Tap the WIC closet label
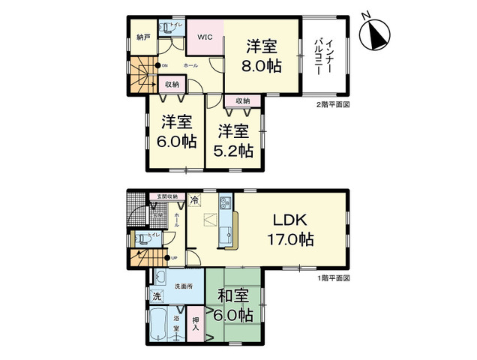click(x=204, y=36)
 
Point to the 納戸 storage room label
click(x=142, y=36)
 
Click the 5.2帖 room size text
click(x=233, y=148)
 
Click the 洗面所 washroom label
click(x=184, y=285)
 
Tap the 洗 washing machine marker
click(x=157, y=296)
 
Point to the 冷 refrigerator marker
click(x=195, y=200)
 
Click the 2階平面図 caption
click(x=332, y=105)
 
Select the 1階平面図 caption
click(x=332, y=277)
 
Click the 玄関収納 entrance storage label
click(x=167, y=196)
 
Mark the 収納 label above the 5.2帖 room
click(x=241, y=100)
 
